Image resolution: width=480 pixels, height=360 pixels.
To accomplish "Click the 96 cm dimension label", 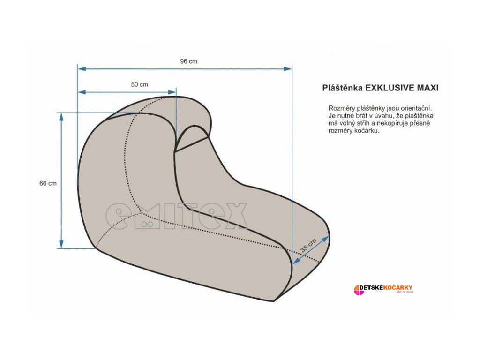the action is point(188,61).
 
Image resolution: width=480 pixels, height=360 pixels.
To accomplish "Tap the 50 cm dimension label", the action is point(139,85).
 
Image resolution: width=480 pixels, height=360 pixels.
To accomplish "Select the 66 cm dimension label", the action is point(48,183).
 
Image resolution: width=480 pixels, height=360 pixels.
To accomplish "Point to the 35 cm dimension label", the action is point(308,245).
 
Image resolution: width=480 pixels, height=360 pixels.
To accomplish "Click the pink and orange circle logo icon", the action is point(359,290).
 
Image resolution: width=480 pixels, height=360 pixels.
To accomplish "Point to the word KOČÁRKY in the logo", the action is point(398,287).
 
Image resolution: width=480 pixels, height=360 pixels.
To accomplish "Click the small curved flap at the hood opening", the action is point(192,137).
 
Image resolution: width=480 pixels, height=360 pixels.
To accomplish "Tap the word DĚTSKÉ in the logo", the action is point(374,287).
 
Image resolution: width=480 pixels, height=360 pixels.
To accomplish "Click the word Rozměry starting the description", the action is point(342,108).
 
